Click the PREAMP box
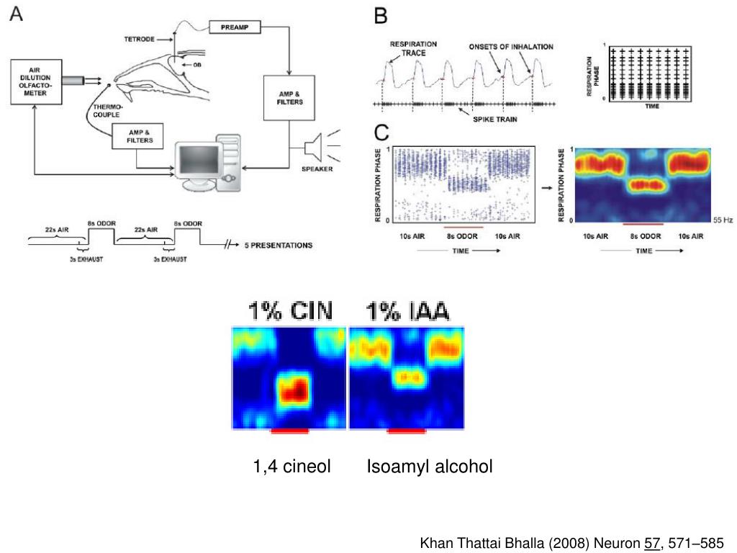235,27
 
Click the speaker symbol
312,149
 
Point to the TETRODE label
140,39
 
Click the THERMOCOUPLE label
107,110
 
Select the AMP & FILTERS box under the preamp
290,97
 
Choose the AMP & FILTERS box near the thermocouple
138,136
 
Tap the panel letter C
381,132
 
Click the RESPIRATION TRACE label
413,48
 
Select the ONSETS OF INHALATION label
511,47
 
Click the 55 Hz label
722,220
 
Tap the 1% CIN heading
290,312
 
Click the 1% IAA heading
407,312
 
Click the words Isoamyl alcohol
430,467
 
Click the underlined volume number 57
653,543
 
